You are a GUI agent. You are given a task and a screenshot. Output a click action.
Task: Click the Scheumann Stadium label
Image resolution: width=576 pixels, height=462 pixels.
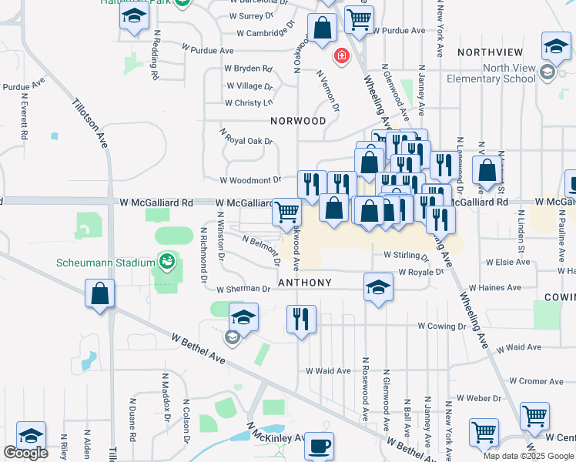pyautogui.click(x=105, y=263)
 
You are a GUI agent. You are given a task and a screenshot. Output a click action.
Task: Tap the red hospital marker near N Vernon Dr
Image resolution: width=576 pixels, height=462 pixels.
pyautogui.click(x=340, y=56)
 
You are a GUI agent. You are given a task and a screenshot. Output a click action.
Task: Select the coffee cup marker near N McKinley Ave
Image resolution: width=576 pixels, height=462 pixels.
pyautogui.click(x=319, y=445)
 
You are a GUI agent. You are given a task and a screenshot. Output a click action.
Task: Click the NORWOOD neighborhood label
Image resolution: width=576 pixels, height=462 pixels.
pyautogui.click(x=299, y=121)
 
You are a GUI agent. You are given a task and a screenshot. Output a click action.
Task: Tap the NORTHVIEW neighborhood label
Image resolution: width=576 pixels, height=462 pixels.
pyautogui.click(x=490, y=52)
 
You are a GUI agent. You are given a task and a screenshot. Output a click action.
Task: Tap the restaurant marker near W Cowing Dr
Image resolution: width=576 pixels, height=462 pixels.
pyautogui.click(x=301, y=318)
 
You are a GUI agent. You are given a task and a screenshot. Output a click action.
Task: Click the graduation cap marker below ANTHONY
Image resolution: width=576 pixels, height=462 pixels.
pyautogui.click(x=377, y=288)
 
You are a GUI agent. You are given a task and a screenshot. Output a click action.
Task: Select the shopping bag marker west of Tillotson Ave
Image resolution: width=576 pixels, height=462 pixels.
pyautogui.click(x=99, y=293)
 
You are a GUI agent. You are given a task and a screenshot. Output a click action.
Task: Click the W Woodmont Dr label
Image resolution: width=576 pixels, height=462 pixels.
pyautogui.click(x=250, y=180)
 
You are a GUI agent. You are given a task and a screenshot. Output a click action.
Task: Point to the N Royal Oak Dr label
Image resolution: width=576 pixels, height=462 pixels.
pyautogui.click(x=246, y=137)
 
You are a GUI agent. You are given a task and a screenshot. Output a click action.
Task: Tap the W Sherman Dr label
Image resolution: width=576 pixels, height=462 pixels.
pyautogui.click(x=243, y=290)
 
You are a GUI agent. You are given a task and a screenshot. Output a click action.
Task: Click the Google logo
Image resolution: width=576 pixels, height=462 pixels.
pyautogui.click(x=25, y=452)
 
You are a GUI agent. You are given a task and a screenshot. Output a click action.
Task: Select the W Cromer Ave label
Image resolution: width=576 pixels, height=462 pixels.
pyautogui.click(x=536, y=381)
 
